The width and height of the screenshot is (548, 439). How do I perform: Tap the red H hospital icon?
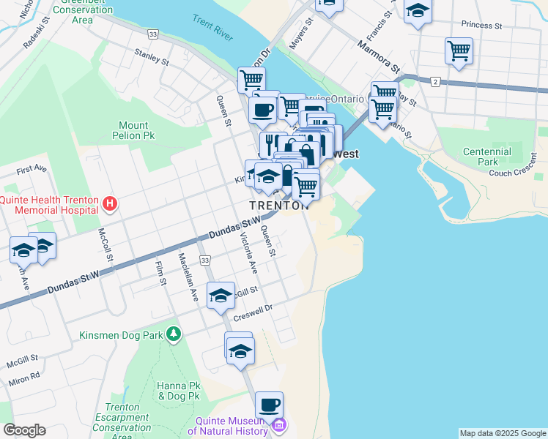[x=110, y=203]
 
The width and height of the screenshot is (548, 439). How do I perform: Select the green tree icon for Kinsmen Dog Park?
[x=173, y=335]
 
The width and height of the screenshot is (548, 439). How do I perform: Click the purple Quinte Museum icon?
[x=278, y=425]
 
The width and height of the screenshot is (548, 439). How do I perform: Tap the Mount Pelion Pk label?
[x=134, y=130]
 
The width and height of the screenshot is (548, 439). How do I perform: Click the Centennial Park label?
[x=486, y=156]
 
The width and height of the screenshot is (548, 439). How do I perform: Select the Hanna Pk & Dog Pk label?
[x=179, y=390]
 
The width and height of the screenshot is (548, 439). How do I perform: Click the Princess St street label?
[x=481, y=25]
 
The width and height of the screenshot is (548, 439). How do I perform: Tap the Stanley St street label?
[x=152, y=57]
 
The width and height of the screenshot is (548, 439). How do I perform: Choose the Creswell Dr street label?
[x=253, y=312]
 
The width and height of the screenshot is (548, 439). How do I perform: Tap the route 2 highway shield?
[x=435, y=82]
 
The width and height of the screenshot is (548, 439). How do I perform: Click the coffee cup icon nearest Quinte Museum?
[x=269, y=405]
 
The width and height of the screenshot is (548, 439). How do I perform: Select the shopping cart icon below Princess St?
[x=459, y=51]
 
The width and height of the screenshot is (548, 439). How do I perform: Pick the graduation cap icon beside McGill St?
[x=221, y=296]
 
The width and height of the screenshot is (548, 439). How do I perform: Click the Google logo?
[x=25, y=430]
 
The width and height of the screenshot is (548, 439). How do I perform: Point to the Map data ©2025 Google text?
[x=503, y=433]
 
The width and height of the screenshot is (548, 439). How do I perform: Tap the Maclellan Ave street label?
[x=188, y=277]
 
